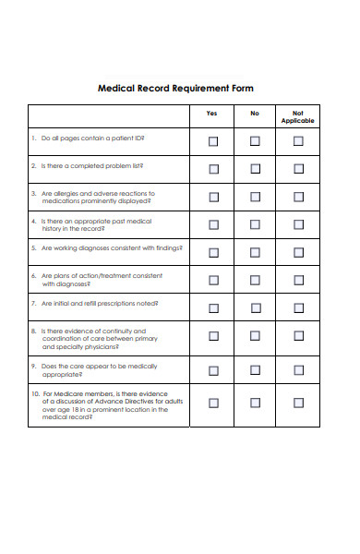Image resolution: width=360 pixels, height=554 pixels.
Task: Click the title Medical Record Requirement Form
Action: (175, 89)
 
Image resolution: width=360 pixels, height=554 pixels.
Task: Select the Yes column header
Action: (213, 114)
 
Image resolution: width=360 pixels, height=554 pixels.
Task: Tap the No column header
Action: (255, 114)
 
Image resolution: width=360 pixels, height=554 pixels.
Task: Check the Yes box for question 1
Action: (213, 141)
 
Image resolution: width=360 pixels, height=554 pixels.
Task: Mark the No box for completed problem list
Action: (255, 169)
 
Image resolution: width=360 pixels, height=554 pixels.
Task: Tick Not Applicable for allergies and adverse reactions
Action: (297, 197)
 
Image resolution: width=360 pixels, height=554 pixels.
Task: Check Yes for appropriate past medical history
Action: (213, 224)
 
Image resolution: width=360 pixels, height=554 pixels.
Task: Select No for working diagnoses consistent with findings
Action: (255, 252)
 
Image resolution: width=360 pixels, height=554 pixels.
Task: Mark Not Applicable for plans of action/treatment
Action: (297, 280)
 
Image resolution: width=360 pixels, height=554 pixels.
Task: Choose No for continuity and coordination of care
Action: (255, 336)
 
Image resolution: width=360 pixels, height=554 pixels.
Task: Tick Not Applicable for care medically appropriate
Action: (297, 370)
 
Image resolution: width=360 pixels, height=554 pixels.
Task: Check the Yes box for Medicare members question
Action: (213, 403)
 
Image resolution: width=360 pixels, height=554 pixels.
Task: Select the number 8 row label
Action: (33, 331)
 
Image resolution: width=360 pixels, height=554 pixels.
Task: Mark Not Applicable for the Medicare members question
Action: (297, 403)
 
